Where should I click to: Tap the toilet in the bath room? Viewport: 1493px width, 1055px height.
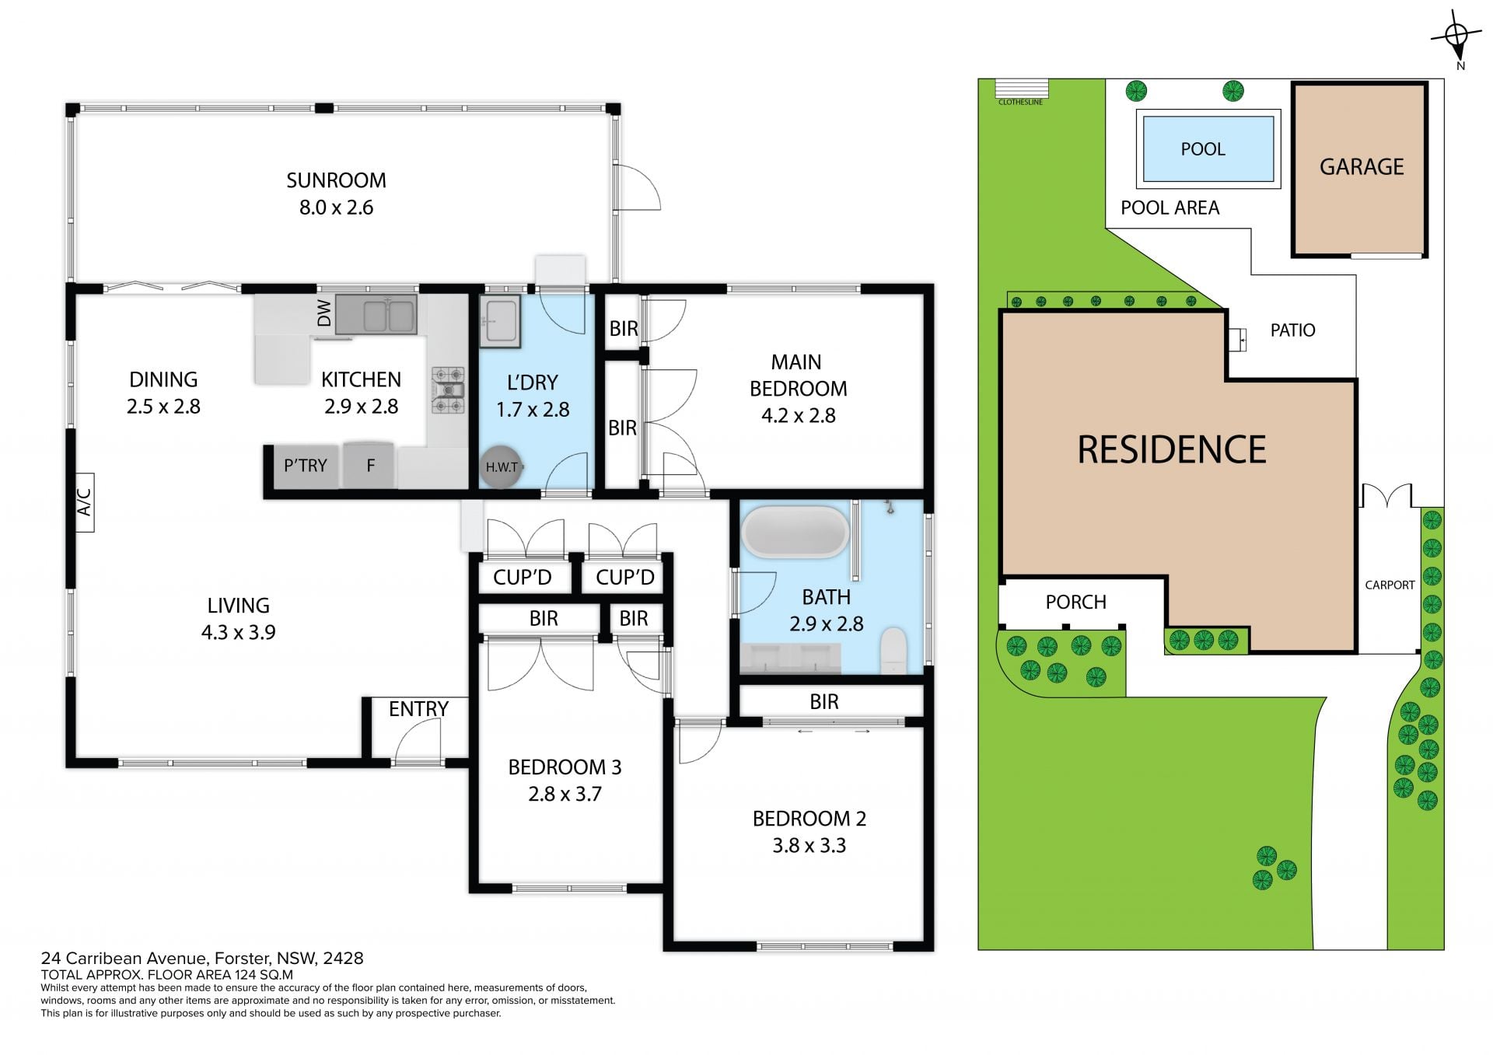[x=894, y=652]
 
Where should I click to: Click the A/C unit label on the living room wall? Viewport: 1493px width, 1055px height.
[x=85, y=502]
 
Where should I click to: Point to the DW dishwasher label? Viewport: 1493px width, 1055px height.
[x=324, y=313]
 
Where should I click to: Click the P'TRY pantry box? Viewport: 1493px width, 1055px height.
[x=306, y=466]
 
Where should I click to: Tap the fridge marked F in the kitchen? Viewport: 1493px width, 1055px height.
[x=371, y=466]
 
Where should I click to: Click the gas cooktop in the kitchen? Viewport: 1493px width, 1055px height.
[x=448, y=390]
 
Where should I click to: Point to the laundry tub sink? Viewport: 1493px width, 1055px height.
[x=500, y=321]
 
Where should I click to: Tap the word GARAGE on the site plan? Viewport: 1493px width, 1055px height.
[x=1362, y=167]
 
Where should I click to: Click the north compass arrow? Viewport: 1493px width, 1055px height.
[x=1456, y=35]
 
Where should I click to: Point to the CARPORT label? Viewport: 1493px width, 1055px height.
[x=1390, y=585]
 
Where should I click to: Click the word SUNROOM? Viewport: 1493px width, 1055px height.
[x=336, y=180]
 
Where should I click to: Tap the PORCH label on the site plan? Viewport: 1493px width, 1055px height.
[x=1075, y=602]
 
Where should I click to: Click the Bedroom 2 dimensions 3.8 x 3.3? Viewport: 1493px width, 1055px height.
[x=809, y=845]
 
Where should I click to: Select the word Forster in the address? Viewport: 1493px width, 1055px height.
[x=242, y=959]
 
